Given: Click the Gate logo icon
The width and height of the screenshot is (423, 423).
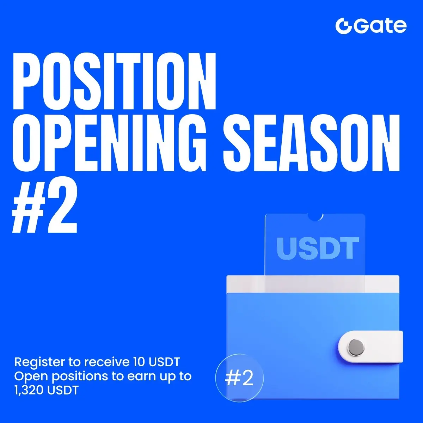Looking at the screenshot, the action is (x=343, y=26).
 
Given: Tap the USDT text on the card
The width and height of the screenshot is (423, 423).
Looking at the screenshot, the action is (x=318, y=248).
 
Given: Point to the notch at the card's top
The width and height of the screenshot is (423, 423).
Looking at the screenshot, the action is (x=315, y=216).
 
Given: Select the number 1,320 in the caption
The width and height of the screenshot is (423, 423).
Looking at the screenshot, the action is (x=29, y=391).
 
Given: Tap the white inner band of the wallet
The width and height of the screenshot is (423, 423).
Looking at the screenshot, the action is (x=313, y=284).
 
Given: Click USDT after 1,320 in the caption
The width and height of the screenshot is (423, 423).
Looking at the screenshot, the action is (x=63, y=390).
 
